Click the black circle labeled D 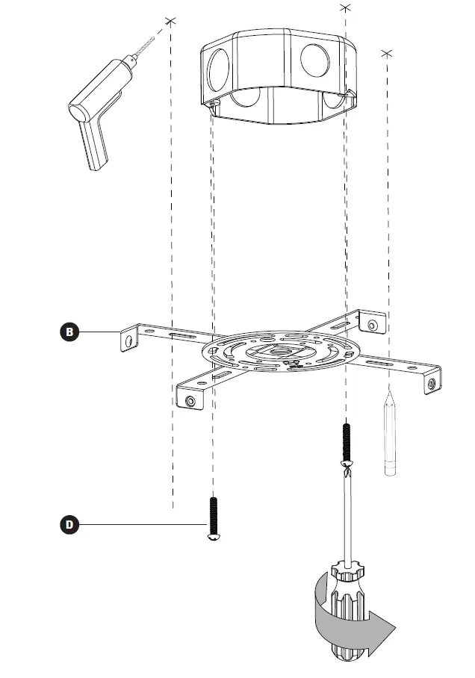69,524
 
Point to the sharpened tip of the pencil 389,391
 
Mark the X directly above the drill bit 171,22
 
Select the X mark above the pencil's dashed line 386,53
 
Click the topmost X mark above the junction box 344,7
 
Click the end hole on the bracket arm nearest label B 130,340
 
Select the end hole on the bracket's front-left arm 190,402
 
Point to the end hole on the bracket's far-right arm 430,383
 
